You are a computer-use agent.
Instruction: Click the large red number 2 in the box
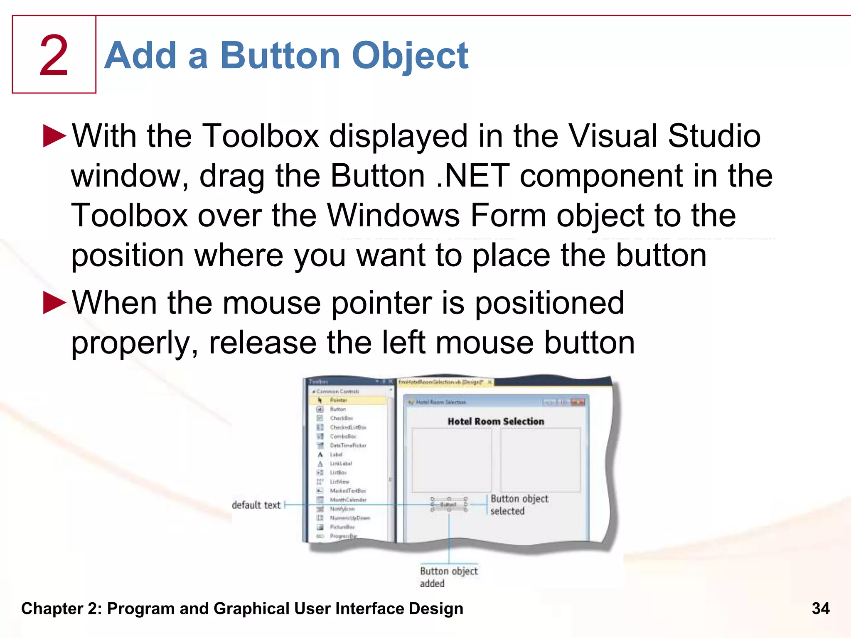(54, 56)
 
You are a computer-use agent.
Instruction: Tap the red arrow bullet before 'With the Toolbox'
(54, 136)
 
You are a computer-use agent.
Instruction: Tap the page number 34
(820, 609)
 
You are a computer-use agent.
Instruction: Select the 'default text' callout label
(256, 505)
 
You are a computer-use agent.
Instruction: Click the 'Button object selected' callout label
(519, 505)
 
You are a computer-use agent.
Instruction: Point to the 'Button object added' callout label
(448, 577)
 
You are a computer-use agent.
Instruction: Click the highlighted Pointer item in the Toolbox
(338, 400)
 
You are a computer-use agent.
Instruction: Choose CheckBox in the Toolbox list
(341, 418)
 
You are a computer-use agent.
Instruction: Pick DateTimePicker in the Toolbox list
(348, 445)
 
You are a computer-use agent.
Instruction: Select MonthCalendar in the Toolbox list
(348, 500)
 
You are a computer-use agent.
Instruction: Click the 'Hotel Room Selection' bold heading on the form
(496, 421)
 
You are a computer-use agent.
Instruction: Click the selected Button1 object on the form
(448, 504)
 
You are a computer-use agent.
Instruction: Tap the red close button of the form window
(578, 402)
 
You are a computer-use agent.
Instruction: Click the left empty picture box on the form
(451, 460)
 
